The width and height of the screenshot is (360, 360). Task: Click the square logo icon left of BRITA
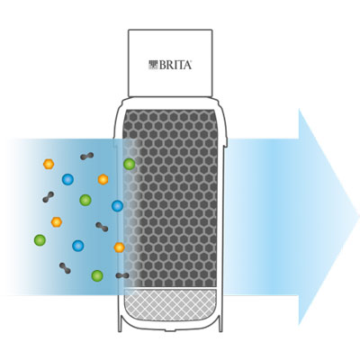pos(153,65)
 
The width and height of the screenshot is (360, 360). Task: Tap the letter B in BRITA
pos(162,65)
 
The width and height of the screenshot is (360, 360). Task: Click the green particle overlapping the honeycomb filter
pos(130,164)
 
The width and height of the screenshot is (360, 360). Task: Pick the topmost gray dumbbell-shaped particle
pos(87,156)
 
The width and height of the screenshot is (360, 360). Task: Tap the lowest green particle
pos(97,275)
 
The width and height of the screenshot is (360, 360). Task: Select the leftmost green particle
pos(40,240)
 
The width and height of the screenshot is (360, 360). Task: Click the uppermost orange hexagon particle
pos(49,164)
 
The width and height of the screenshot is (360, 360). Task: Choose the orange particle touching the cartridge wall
pos(120,247)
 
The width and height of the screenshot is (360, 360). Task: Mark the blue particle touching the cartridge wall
pos(117,206)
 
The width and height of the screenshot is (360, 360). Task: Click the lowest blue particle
pos(78,246)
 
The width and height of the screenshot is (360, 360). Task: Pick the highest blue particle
pos(67,179)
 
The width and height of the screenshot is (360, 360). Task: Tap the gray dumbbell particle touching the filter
pos(122,275)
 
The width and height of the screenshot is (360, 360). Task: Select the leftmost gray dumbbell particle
pos(49,197)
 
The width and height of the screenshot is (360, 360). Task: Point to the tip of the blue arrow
pos(359,216)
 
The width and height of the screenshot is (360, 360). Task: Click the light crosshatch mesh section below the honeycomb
pos(170,303)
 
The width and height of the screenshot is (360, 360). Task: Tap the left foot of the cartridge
pos(120,323)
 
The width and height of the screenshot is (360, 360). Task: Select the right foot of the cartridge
pos(220,323)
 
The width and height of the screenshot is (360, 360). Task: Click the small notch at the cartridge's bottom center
pos(170,330)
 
